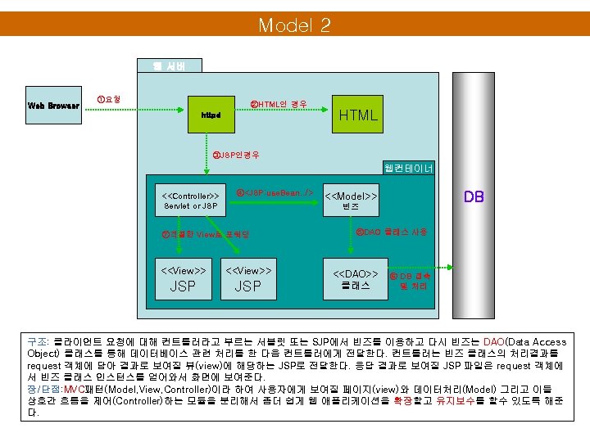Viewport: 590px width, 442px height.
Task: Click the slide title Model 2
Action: tap(294, 25)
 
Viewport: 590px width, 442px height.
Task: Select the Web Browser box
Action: tap(53, 106)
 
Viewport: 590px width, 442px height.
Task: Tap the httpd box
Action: tap(211, 115)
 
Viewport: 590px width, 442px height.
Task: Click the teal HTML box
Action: tap(358, 115)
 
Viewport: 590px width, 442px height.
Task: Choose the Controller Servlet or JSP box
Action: tap(190, 201)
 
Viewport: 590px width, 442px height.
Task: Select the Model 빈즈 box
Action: tap(351, 201)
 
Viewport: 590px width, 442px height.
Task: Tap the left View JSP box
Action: tap(183, 278)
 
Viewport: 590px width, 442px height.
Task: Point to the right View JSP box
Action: tap(247, 278)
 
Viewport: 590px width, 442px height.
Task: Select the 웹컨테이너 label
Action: tap(409, 169)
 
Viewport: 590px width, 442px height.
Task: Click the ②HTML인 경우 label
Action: tap(279, 104)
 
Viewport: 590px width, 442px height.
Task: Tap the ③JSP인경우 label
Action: tap(235, 155)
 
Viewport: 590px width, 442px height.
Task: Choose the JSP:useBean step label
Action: tap(275, 192)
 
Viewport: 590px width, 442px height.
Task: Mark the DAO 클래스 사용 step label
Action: tap(391, 232)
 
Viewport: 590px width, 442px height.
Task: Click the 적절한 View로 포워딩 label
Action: tap(206, 234)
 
